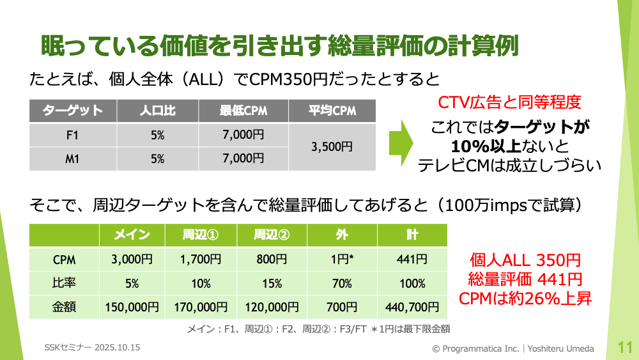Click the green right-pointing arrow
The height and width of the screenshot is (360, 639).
pyautogui.click(x=401, y=143)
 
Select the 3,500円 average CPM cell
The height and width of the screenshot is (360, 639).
pyautogui.click(x=332, y=147)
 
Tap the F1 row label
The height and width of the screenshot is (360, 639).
pyautogui.click(x=73, y=135)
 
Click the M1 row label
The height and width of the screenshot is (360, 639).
pyautogui.click(x=73, y=159)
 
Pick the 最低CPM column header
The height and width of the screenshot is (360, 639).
pyautogui.click(x=243, y=111)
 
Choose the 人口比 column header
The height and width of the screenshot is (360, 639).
pyautogui.click(x=158, y=111)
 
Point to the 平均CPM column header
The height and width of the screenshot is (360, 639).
pyautogui.click(x=332, y=111)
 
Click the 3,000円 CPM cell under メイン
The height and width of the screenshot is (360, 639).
pyautogui.click(x=132, y=260)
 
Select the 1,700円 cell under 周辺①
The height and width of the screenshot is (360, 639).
pyautogui.click(x=201, y=260)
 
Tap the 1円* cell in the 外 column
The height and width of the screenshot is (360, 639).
pyautogui.click(x=342, y=260)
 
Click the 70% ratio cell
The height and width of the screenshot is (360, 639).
pyautogui.click(x=342, y=283)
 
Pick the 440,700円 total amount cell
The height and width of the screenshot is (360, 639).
pyautogui.click(x=412, y=307)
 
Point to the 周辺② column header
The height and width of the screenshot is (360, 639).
pyautogui.click(x=272, y=235)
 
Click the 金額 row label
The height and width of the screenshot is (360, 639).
pyautogui.click(x=64, y=307)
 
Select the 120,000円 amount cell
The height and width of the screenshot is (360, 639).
pyautogui.click(x=272, y=307)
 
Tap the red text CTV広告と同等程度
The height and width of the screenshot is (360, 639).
pyautogui.click(x=509, y=102)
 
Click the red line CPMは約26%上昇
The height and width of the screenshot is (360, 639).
pyautogui.click(x=525, y=299)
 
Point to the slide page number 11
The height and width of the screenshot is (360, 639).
pyautogui.click(x=625, y=348)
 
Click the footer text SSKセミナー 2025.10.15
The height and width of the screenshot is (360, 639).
pyautogui.click(x=92, y=347)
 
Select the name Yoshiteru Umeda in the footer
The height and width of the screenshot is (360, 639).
pyautogui.click(x=561, y=348)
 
